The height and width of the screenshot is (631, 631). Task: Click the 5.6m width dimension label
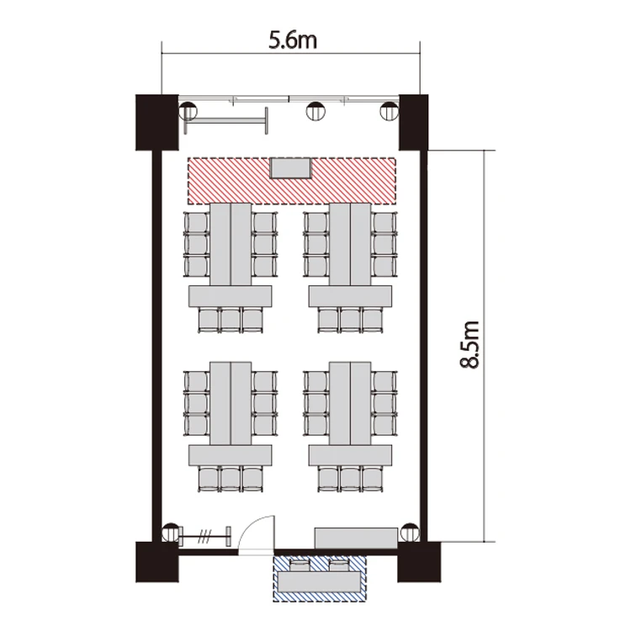[293, 41]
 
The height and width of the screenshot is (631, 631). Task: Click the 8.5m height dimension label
[469, 345]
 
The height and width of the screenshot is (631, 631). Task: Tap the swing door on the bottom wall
[257, 535]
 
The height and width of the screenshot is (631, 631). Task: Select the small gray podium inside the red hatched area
[290, 168]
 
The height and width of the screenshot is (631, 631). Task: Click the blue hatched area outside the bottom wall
[320, 578]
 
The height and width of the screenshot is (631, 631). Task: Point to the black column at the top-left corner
[157, 122]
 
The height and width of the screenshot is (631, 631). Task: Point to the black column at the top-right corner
[413, 122]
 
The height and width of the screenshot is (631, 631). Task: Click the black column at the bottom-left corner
[157, 562]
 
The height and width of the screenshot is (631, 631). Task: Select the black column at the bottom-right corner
[419, 562]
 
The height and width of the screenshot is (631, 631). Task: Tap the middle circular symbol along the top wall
[315, 111]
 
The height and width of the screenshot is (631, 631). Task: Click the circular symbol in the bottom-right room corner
[410, 533]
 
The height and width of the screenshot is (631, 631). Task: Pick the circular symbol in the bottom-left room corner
[171, 533]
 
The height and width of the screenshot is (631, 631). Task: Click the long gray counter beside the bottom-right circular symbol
[356, 538]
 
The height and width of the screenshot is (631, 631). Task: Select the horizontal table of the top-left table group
[231, 296]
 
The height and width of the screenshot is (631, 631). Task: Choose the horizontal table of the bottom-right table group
[350, 455]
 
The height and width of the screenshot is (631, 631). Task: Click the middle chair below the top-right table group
[350, 321]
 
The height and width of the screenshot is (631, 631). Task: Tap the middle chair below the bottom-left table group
[231, 480]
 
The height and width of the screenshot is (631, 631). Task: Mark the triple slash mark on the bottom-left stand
[204, 537]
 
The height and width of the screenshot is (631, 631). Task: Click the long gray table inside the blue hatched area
[320, 582]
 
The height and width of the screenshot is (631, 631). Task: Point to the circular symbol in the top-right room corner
[390, 111]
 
